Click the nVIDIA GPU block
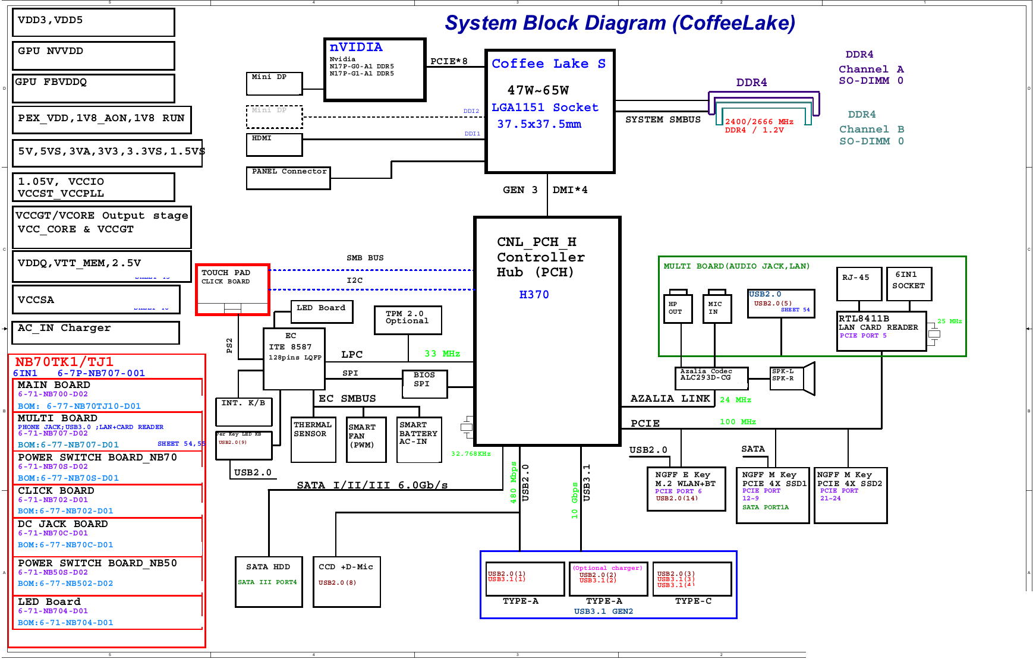[x=374, y=70]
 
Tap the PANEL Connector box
[x=288, y=178]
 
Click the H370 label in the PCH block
[x=534, y=295]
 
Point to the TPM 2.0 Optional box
[x=408, y=320]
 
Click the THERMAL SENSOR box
[x=313, y=439]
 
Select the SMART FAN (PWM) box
[x=366, y=439]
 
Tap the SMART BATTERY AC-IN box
[x=419, y=439]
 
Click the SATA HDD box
[x=269, y=582]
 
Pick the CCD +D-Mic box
[x=347, y=582]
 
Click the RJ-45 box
[x=859, y=284]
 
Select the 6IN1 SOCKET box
[x=909, y=284]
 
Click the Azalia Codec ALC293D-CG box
[x=711, y=377]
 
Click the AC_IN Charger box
[x=96, y=332]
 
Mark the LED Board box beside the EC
[x=322, y=311]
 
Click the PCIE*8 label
[x=449, y=61]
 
